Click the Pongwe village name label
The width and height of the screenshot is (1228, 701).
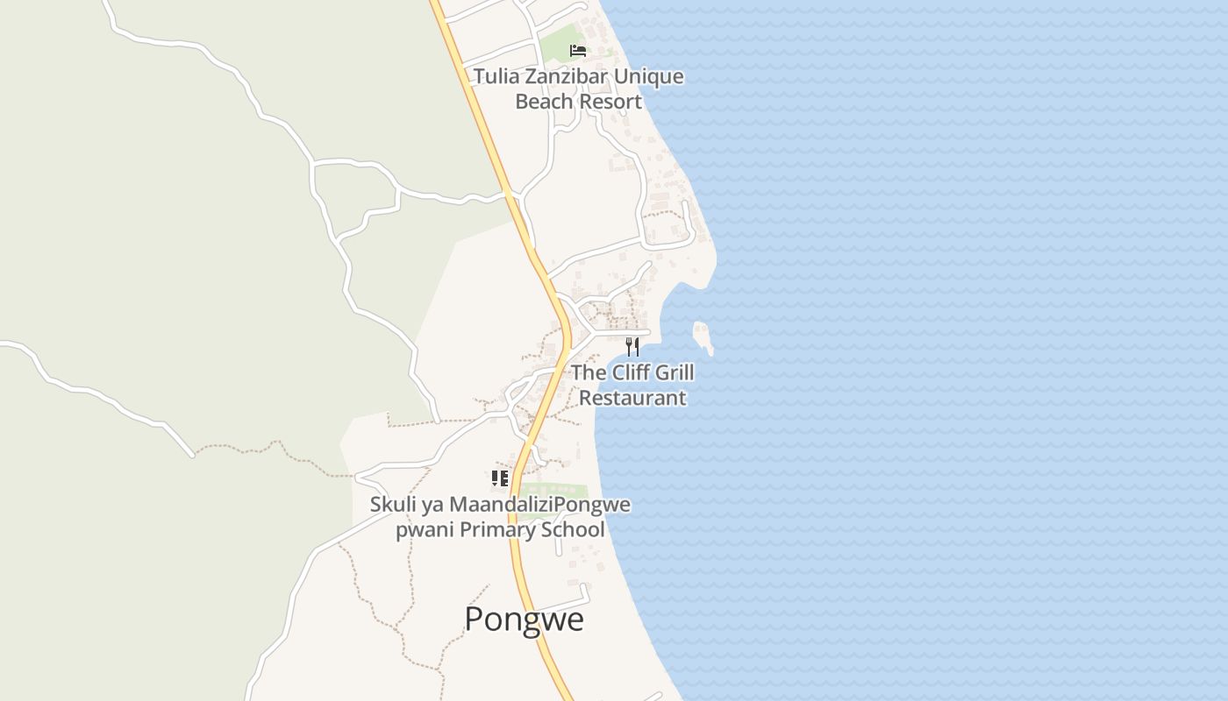click(x=524, y=620)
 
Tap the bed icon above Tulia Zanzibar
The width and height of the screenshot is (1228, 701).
click(x=577, y=50)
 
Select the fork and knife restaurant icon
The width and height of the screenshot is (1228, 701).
click(x=632, y=347)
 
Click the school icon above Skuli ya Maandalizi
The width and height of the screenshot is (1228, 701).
click(x=499, y=478)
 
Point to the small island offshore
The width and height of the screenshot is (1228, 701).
click(x=702, y=336)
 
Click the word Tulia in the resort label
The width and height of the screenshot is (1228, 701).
click(x=496, y=76)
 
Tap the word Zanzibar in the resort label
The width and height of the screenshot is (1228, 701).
click(x=566, y=76)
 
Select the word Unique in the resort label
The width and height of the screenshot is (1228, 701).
click(x=648, y=76)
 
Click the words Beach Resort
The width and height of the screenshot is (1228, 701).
click(x=578, y=102)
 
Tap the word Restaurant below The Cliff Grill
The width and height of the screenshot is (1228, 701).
click(x=632, y=398)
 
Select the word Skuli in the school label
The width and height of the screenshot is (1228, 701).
click(x=391, y=505)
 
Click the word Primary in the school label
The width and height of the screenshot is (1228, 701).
click(x=496, y=530)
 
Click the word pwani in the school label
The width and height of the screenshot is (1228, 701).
click(x=425, y=530)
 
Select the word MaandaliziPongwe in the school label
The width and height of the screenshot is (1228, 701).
click(x=539, y=505)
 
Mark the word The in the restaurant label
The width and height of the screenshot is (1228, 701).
click(x=589, y=372)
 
